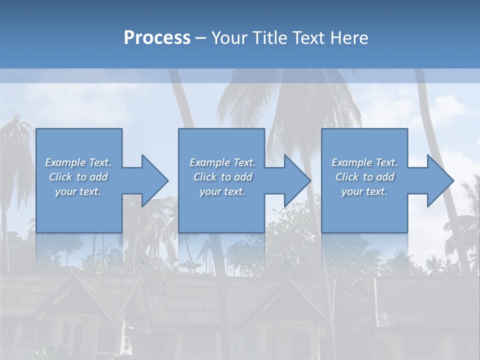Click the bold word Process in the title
(x=157, y=38)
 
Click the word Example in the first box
(x=65, y=162)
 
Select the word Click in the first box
(x=60, y=177)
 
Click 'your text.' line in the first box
(x=78, y=191)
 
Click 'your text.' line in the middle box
(x=222, y=191)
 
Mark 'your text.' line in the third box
(x=364, y=191)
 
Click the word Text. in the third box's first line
(x=386, y=162)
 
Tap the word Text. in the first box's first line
(x=100, y=162)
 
